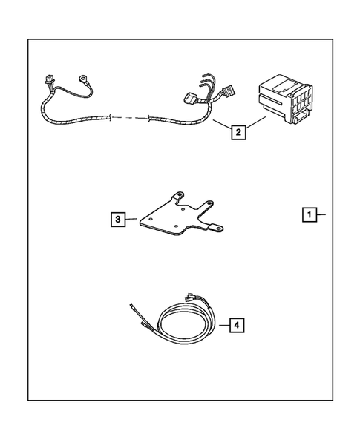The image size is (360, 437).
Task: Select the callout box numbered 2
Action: tap(238, 133)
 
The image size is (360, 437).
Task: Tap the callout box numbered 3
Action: tap(117, 219)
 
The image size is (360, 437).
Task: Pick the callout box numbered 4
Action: tap(235, 324)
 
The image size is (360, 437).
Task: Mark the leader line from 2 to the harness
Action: tap(220, 124)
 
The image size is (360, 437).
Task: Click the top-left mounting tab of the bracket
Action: tap(178, 195)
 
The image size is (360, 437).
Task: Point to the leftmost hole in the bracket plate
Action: tap(151, 222)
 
